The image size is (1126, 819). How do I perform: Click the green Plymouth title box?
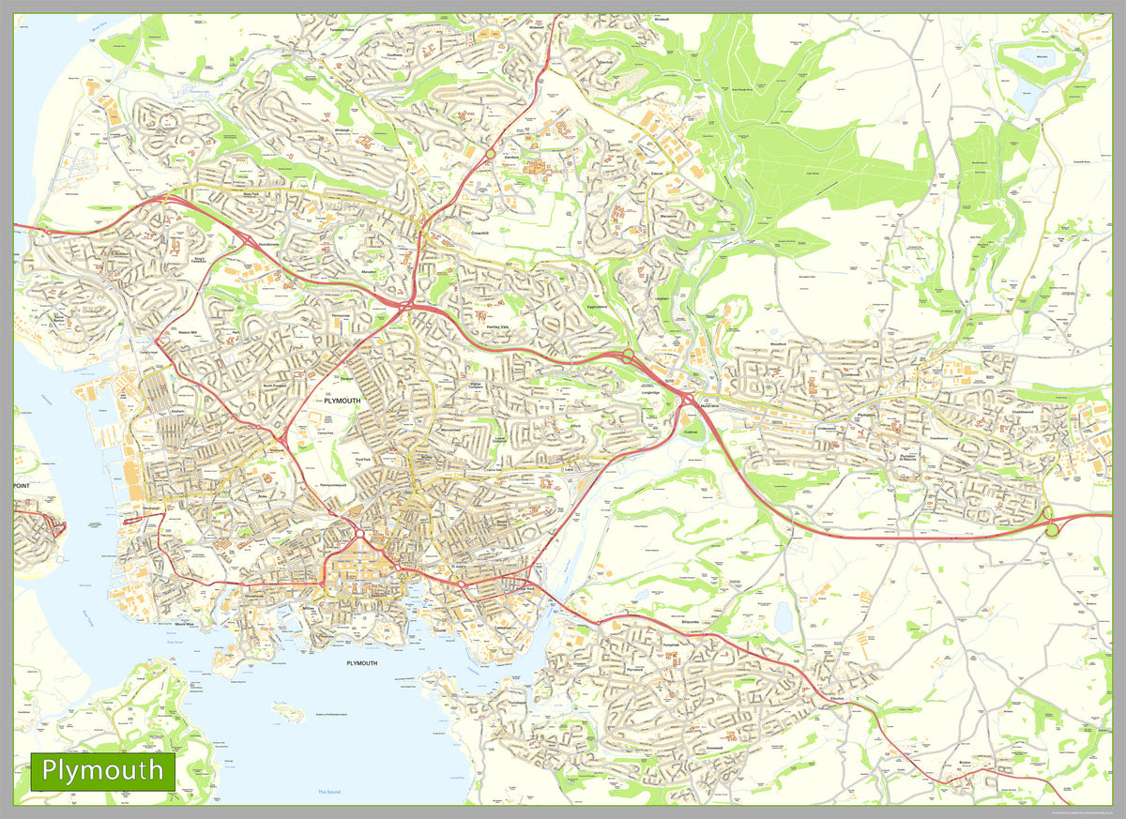pyautogui.click(x=103, y=771)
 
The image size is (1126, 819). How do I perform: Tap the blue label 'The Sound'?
pyautogui.click(x=328, y=793)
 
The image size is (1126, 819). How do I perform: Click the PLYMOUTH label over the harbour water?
pyautogui.click(x=361, y=663)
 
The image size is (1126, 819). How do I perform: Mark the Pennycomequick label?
pyautogui.click(x=337, y=485)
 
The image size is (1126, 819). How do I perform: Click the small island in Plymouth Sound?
pyautogui.click(x=288, y=714)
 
